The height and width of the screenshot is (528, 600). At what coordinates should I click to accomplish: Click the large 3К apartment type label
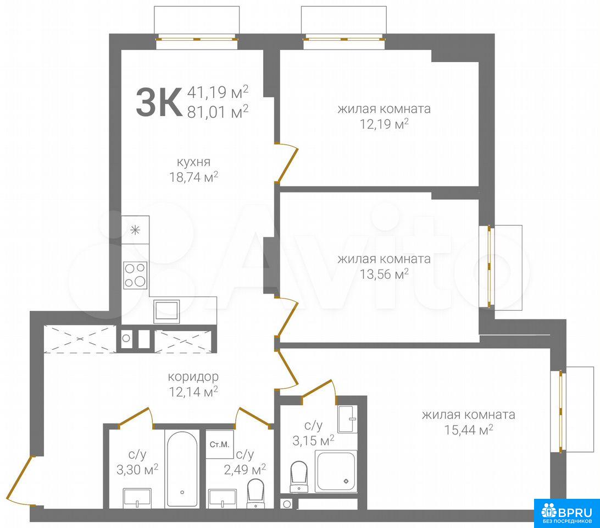coord(159,102)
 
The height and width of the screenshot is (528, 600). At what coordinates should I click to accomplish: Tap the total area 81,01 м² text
coord(218,112)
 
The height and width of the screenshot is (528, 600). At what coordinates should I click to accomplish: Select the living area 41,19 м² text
coord(218,92)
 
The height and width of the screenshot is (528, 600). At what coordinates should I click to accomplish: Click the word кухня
coord(193,162)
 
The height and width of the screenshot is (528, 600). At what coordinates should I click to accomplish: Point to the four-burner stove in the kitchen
coord(136,275)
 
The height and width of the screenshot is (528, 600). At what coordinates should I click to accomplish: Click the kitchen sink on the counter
coord(166,311)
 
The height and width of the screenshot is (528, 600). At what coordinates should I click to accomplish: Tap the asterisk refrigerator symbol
coord(135,230)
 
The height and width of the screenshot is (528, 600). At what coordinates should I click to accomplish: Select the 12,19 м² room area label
coord(384,124)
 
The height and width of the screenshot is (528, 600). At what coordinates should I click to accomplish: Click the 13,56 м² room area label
coord(384,274)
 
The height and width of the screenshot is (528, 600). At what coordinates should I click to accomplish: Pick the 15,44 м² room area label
coord(468,430)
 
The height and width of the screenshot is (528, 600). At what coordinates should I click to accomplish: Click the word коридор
coord(193,377)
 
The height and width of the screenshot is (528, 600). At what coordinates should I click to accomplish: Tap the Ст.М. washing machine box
coord(220,444)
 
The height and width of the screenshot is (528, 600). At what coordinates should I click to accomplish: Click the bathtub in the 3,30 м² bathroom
coord(182,469)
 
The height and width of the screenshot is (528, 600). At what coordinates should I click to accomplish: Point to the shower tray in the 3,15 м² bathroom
coord(336,471)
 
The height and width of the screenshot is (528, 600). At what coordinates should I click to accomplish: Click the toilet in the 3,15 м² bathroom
coord(299,476)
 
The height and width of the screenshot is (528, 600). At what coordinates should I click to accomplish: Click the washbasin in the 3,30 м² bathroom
coord(137,498)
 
